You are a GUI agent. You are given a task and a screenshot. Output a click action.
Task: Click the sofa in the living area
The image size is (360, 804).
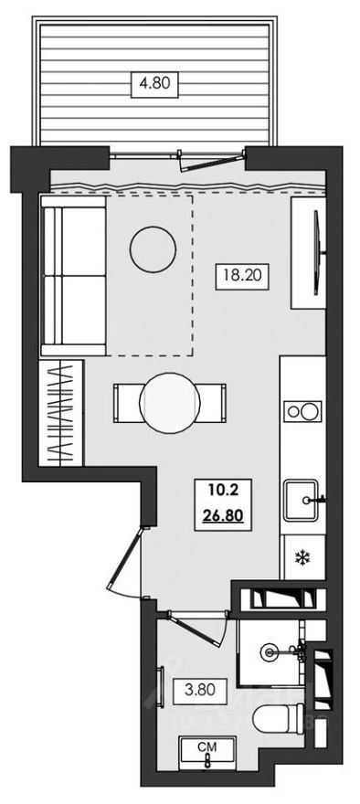coord(73,280)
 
